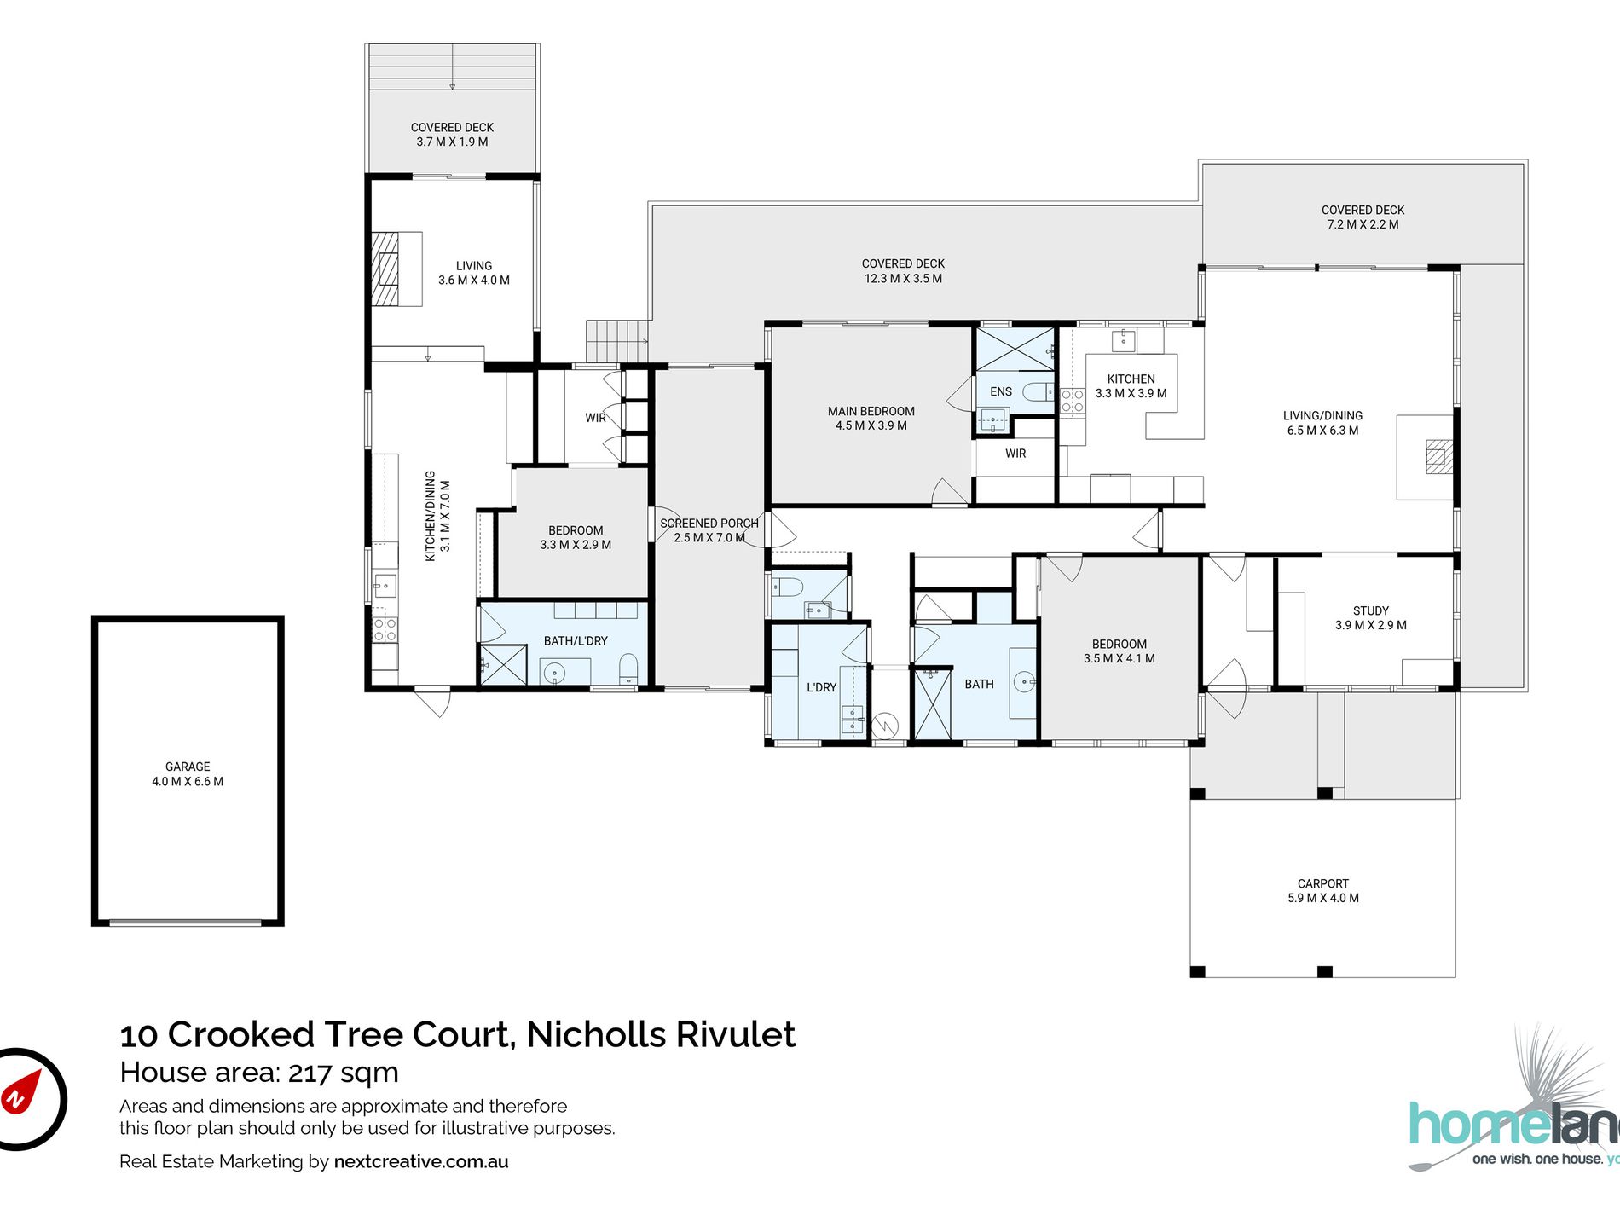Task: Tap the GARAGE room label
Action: coord(188,767)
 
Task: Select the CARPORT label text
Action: coord(1323,883)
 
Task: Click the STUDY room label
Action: coord(1371,610)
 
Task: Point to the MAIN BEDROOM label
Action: coord(871,411)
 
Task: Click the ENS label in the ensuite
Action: coord(1001,391)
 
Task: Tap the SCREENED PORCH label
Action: coord(709,524)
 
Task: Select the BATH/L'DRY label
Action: coord(576,640)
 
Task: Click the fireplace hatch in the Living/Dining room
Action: coord(1439,456)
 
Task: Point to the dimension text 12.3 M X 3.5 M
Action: coord(903,278)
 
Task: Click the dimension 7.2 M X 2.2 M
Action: coord(1363,224)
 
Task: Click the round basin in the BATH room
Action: coord(1024,681)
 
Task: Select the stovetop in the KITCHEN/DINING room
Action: coord(385,629)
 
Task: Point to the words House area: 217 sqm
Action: coord(259,1072)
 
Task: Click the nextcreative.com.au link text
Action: coord(421,1161)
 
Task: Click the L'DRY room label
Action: coord(821,687)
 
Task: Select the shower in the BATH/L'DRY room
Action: coord(503,665)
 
